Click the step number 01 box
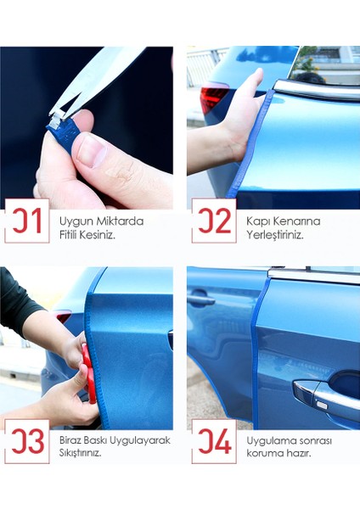pos(27,221)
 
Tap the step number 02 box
pos(214,221)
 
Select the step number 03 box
pos(27,441)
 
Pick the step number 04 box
pos(214,441)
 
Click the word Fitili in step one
pos(68,235)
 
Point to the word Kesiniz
pos(97,235)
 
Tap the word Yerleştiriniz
pos(275,235)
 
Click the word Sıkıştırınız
pos(81,453)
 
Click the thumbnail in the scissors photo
pos(92,151)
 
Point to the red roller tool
pos(89,373)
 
